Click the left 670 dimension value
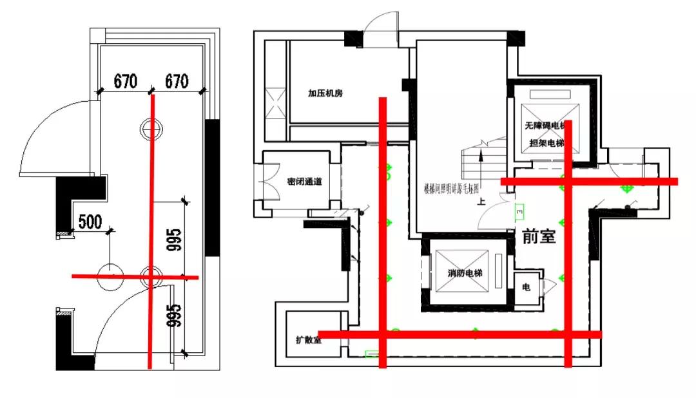(x=126, y=81)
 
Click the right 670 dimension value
(x=177, y=81)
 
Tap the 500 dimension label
(x=90, y=222)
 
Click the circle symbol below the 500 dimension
(x=110, y=276)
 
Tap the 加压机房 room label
(x=325, y=93)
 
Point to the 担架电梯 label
(x=546, y=143)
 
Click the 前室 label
(x=539, y=237)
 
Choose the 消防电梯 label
(x=466, y=274)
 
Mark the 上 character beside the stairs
(x=481, y=201)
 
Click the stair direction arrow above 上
(x=481, y=156)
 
